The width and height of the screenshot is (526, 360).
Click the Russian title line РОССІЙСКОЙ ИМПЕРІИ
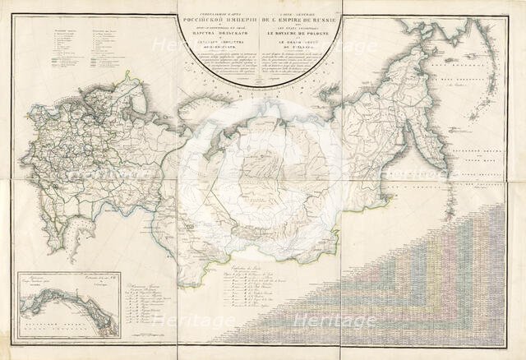[x=220, y=18]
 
